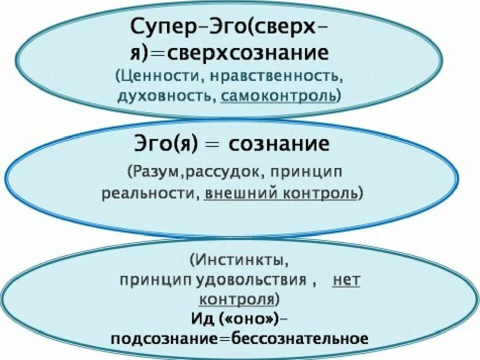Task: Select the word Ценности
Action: tap(152, 77)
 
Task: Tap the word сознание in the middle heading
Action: tap(279, 144)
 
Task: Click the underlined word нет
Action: tap(346, 279)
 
